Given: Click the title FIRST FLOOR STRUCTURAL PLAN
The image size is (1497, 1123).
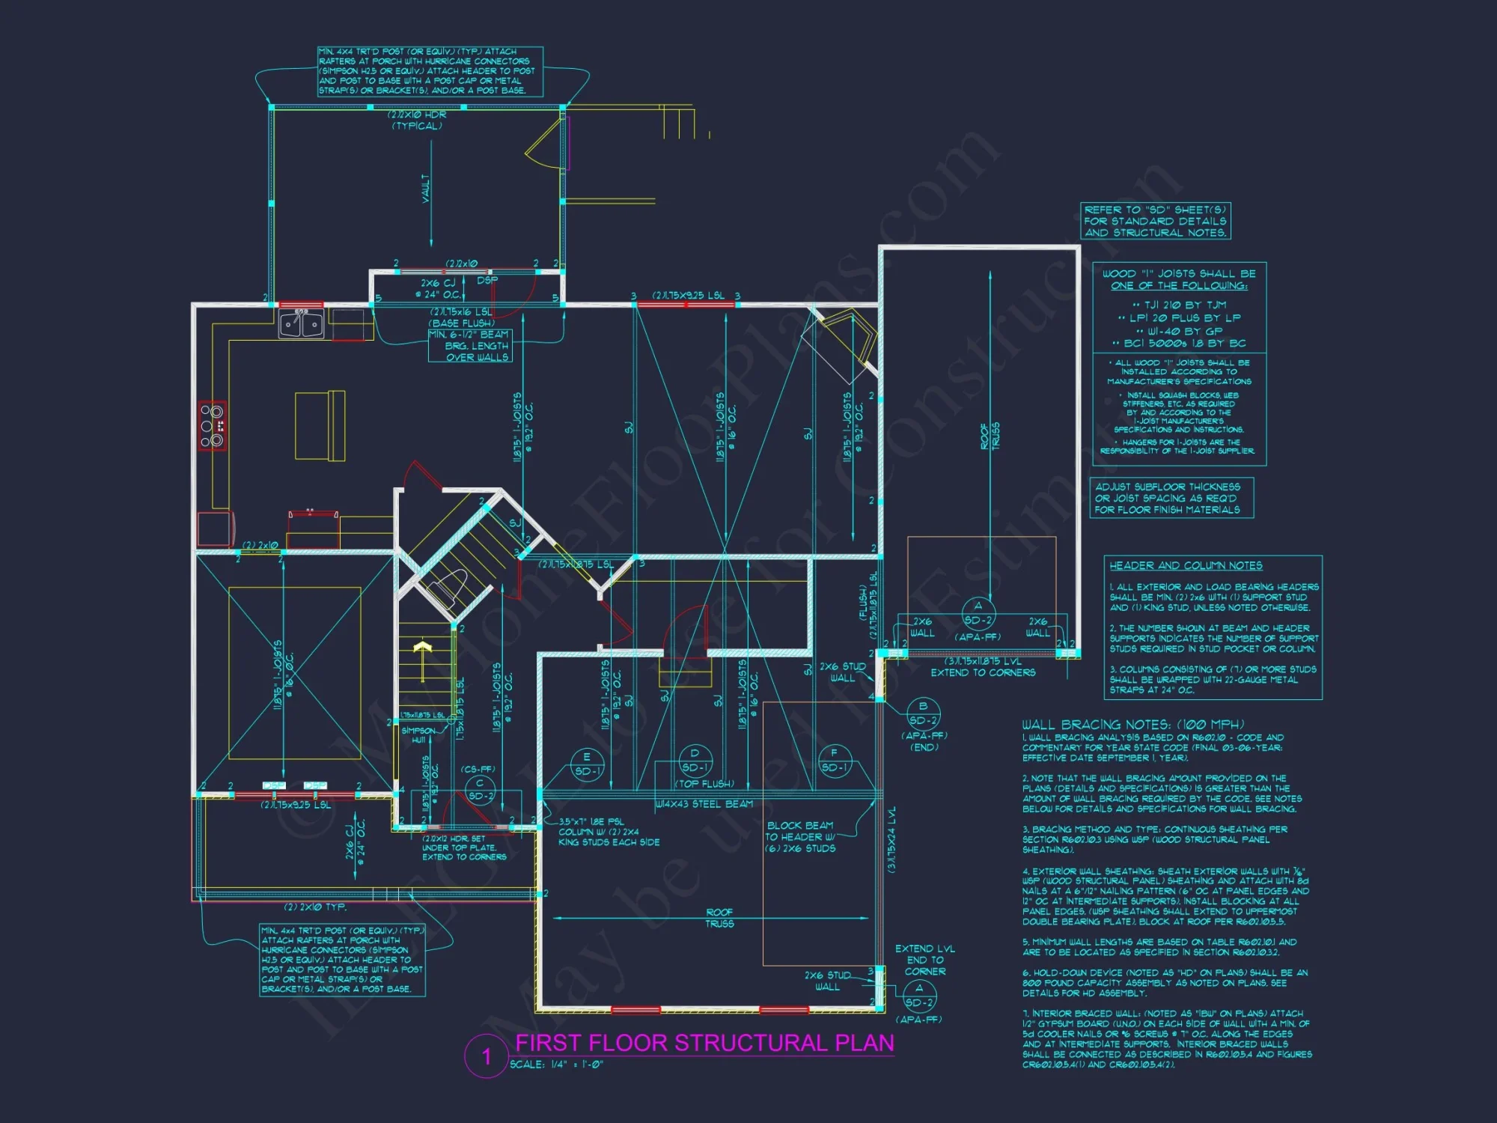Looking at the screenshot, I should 704,1043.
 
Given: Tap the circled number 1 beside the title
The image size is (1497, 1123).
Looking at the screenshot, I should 487,1056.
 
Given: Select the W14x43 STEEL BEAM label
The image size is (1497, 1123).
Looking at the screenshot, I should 704,804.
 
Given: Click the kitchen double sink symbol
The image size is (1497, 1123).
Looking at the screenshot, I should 301,324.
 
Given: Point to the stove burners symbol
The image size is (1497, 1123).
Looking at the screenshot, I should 213,425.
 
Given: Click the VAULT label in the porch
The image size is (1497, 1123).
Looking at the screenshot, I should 426,189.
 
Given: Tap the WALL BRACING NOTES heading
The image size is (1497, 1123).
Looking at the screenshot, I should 1133,724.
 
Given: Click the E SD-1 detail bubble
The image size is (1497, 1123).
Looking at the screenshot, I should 587,764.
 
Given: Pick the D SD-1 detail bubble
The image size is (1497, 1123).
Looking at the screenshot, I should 695,761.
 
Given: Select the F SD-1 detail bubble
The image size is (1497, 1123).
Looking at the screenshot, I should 834,761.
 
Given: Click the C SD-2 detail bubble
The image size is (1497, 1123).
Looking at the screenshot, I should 480,790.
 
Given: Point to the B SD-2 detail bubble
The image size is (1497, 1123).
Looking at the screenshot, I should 923,713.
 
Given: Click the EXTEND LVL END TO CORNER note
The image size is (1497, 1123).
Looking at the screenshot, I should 925,960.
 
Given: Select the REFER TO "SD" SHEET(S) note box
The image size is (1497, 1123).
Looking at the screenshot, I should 1156,221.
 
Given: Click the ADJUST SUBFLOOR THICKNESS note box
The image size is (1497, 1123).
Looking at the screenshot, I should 1171,498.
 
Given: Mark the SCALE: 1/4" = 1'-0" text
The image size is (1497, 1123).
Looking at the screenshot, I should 556,1065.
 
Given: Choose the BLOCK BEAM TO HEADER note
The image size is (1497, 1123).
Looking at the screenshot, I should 800,836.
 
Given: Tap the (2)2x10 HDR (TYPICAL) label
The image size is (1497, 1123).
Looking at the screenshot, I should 417,120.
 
